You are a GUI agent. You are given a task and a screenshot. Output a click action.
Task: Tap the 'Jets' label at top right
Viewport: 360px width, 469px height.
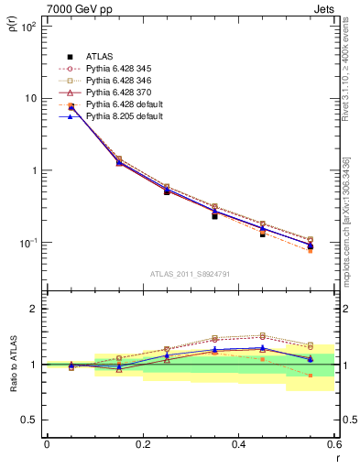pos(322,8)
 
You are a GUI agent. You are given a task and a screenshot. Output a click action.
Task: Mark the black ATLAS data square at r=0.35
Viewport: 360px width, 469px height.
pos(214,216)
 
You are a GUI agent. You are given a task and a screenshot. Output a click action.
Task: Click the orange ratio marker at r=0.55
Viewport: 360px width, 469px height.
pos(311,376)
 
